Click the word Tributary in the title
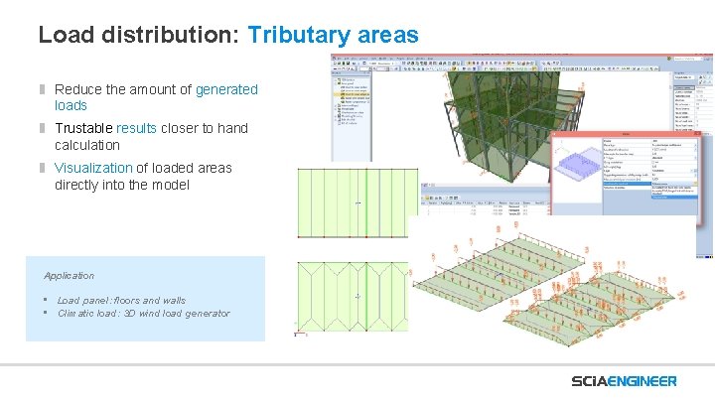[293, 35]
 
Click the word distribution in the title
[165, 35]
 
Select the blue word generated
[226, 89]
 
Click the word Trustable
[83, 128]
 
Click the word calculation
[87, 145]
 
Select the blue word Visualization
[93, 168]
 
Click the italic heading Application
[69, 275]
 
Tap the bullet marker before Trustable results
[43, 128]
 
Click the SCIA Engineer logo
[624, 381]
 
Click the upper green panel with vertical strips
[354, 202]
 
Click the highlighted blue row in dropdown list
[671, 193]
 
